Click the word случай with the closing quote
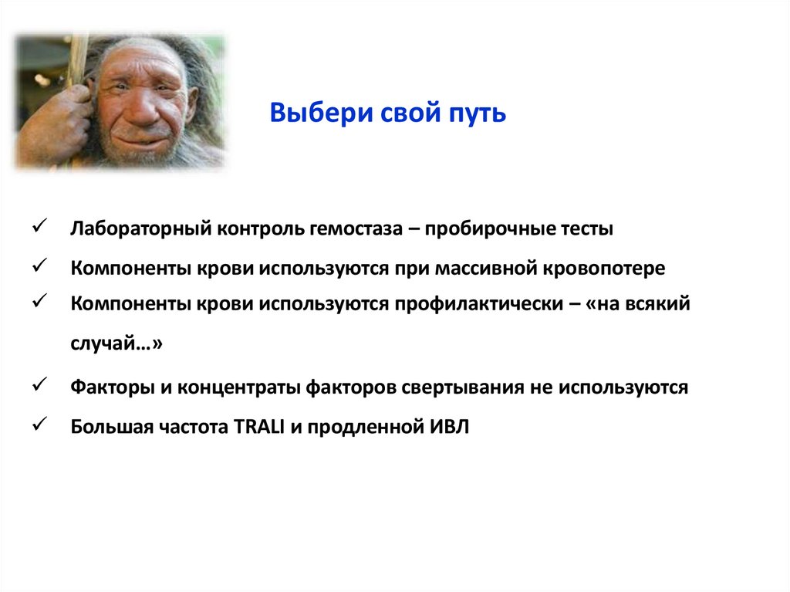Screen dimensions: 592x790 pyautogui.click(x=116, y=345)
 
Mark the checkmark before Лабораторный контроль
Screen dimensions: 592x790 pyautogui.click(x=42, y=226)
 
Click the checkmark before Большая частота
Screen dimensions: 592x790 pyautogui.click(x=42, y=425)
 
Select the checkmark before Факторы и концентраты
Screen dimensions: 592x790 pyautogui.click(x=42, y=384)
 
